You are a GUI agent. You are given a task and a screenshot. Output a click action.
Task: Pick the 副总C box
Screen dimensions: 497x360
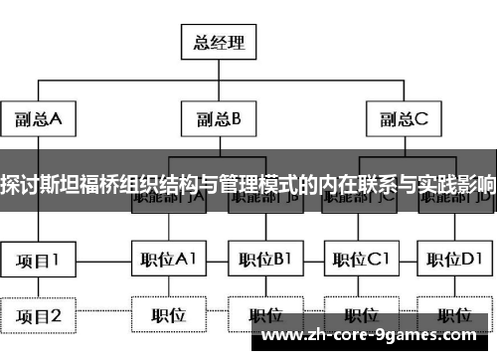[404, 120]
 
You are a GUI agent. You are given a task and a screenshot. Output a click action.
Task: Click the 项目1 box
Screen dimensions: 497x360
[38, 262]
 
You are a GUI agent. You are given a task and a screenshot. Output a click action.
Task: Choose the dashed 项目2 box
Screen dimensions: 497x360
[38, 316]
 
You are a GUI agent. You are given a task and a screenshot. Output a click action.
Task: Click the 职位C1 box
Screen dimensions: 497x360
[361, 262]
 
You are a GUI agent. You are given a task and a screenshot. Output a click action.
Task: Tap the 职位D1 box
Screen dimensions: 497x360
[455, 262]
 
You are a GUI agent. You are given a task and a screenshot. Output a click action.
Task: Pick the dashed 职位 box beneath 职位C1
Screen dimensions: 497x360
[361, 316]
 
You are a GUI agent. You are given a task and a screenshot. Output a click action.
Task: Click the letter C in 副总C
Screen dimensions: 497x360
[421, 120]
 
